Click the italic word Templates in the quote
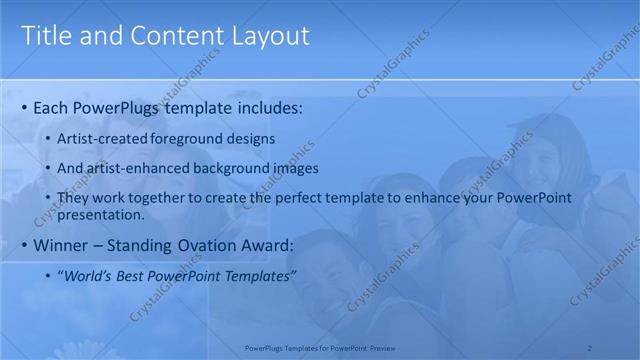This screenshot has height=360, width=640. (255, 276)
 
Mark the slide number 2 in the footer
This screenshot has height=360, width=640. (590, 347)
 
